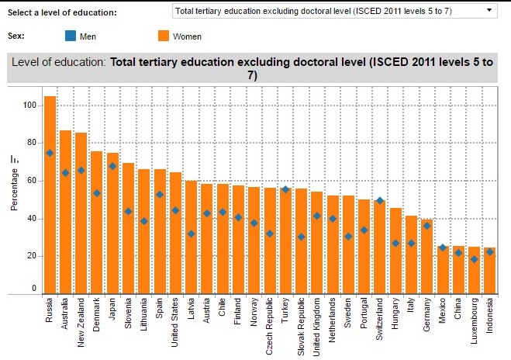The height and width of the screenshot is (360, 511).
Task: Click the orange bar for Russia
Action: click(50, 194)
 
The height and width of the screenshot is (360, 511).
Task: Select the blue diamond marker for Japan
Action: click(112, 166)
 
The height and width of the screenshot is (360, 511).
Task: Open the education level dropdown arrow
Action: click(489, 11)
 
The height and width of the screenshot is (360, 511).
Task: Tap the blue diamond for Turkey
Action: click(285, 190)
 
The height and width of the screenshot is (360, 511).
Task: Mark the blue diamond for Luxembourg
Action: click(474, 259)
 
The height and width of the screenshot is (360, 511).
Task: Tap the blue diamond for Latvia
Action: click(191, 234)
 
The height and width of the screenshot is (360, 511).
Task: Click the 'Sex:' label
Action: click(16, 36)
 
